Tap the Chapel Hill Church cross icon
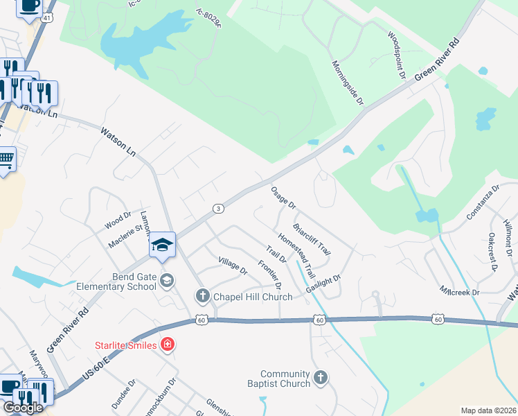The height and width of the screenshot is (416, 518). click(203, 297)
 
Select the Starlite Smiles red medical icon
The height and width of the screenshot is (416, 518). click(167, 344)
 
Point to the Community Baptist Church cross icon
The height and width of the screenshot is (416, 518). click(320, 377)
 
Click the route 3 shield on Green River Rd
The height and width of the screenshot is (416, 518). click(218, 209)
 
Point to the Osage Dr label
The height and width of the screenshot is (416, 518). click(283, 198)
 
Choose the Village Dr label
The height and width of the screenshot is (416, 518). click(233, 266)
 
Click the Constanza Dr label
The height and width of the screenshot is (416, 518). click(483, 202)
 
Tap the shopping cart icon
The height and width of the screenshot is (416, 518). click(6, 160)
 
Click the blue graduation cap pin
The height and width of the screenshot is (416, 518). click(162, 245)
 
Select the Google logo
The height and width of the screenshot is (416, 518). click(22, 408)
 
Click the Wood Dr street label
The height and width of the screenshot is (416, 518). click(117, 220)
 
